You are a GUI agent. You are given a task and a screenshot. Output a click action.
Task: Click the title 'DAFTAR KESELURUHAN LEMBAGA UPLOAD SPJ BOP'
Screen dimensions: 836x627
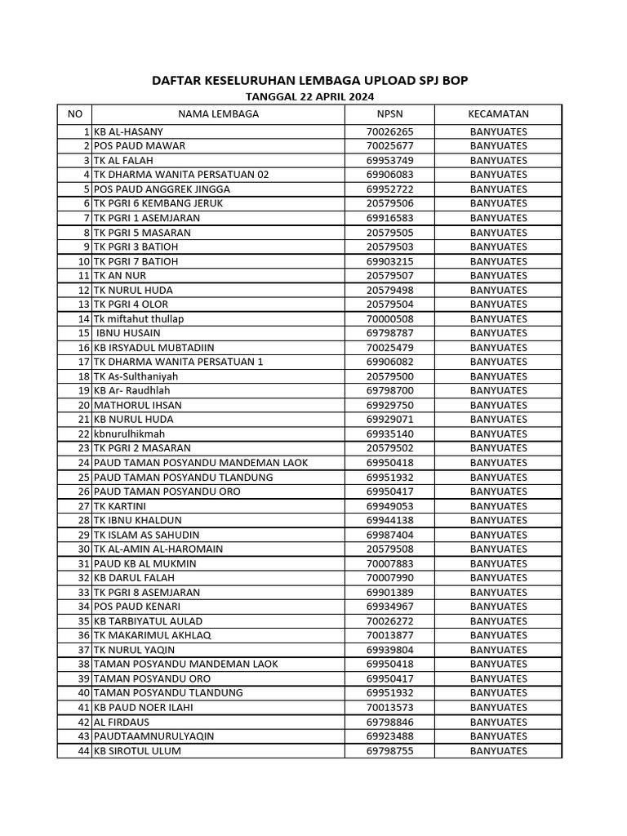point(310,80)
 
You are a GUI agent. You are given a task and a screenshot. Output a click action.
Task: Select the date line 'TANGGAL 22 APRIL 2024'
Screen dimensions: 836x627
point(310,96)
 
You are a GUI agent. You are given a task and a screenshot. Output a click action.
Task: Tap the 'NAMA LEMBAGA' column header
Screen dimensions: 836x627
point(218,113)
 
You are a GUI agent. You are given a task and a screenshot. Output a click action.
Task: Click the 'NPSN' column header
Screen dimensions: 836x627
point(389,113)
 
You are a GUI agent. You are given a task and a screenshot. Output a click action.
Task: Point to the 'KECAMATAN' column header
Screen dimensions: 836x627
point(498,113)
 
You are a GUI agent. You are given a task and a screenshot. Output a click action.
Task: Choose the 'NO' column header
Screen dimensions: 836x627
point(74,113)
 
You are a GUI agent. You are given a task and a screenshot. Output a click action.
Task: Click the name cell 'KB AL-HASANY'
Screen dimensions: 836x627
point(128,131)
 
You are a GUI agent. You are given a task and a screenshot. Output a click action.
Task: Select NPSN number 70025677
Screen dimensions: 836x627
point(389,146)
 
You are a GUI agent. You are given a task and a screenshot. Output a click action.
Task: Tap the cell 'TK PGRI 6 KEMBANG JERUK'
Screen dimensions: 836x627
point(158,203)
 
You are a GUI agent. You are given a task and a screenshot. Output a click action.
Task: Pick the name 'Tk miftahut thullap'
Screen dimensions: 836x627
point(139,318)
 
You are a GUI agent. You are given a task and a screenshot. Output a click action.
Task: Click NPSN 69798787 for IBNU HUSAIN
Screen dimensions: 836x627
point(389,333)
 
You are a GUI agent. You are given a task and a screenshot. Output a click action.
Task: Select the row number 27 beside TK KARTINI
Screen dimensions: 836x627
point(83,506)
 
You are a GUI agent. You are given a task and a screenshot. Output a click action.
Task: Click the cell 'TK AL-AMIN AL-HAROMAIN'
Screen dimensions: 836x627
point(158,549)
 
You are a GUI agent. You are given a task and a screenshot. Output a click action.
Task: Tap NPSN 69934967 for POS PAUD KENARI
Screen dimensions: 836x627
point(389,607)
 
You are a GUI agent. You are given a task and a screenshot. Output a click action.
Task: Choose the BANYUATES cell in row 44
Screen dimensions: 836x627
point(498,751)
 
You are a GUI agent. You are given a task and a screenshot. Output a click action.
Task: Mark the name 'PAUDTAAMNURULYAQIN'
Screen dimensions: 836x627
point(154,736)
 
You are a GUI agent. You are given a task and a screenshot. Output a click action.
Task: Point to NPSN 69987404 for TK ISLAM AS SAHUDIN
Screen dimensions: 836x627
point(389,535)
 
